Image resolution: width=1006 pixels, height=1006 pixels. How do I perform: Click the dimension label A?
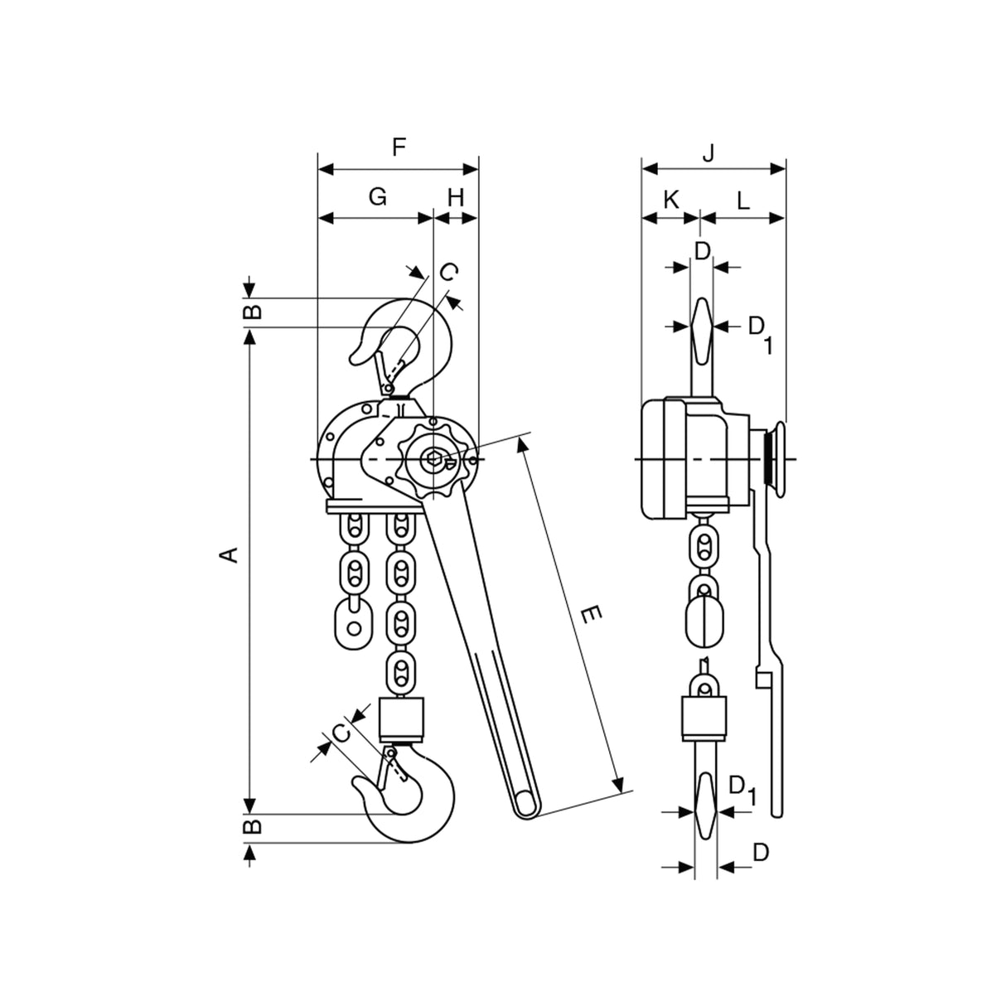233,554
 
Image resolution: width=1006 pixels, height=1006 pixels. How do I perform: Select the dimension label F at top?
399,148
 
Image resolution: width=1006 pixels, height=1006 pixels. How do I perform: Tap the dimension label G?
377,196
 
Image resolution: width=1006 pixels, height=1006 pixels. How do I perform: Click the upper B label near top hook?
253,312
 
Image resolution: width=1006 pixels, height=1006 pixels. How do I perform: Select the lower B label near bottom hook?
253,826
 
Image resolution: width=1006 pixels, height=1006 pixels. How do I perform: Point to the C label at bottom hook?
340,732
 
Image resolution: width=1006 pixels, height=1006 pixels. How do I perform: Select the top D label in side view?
703,252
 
